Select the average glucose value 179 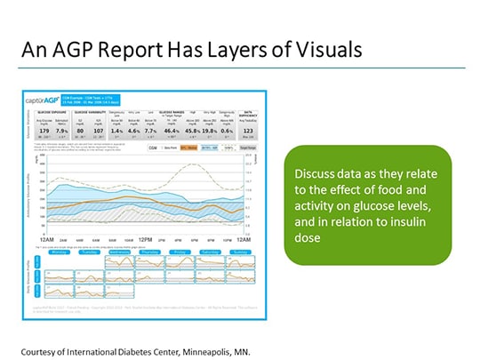[x=36, y=130]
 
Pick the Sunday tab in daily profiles [x=239, y=252]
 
